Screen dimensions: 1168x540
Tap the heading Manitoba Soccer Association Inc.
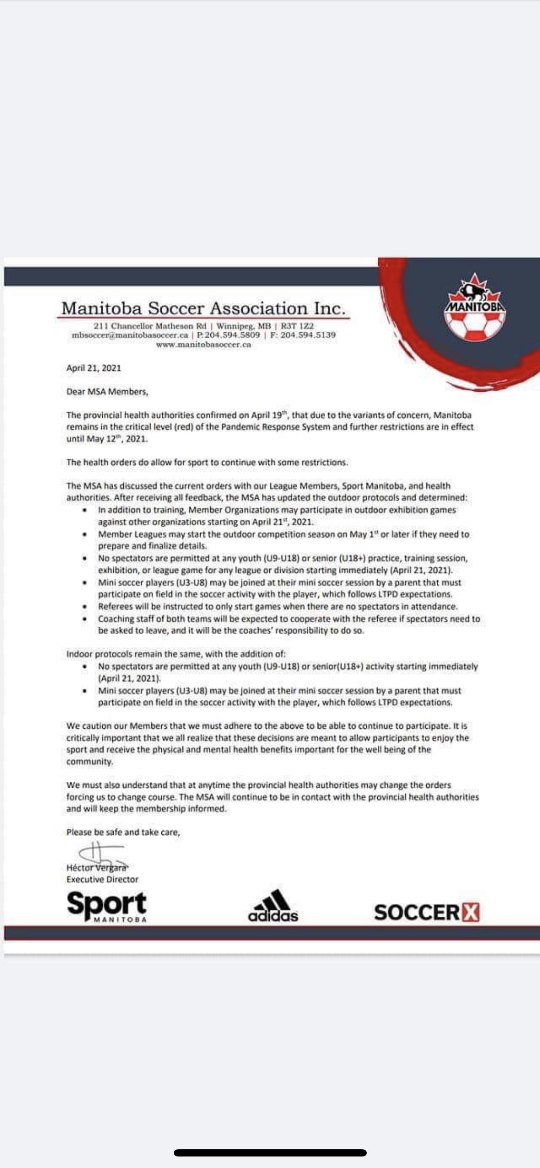coord(204,308)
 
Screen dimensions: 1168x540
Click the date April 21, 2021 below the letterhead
coord(94,368)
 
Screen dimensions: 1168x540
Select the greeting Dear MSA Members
coord(108,392)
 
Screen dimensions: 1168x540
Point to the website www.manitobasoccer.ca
coord(204,345)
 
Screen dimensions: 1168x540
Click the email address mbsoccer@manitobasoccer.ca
coord(130,335)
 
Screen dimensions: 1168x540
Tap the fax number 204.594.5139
coord(308,335)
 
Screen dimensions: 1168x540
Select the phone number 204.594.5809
coord(232,335)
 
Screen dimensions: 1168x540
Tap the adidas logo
coord(273,907)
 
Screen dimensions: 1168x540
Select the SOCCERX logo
coord(427,912)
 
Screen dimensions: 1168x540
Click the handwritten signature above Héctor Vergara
coord(98,854)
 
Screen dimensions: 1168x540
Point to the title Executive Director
coord(102,879)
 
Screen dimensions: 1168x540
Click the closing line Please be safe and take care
coord(123,832)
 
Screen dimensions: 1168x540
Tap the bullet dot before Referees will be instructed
coord(85,607)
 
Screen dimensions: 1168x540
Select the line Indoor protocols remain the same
coord(176,654)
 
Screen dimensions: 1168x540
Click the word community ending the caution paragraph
coord(90,761)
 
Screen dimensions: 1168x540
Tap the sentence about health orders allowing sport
coord(207,463)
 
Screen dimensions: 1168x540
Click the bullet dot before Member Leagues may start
coord(85,535)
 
